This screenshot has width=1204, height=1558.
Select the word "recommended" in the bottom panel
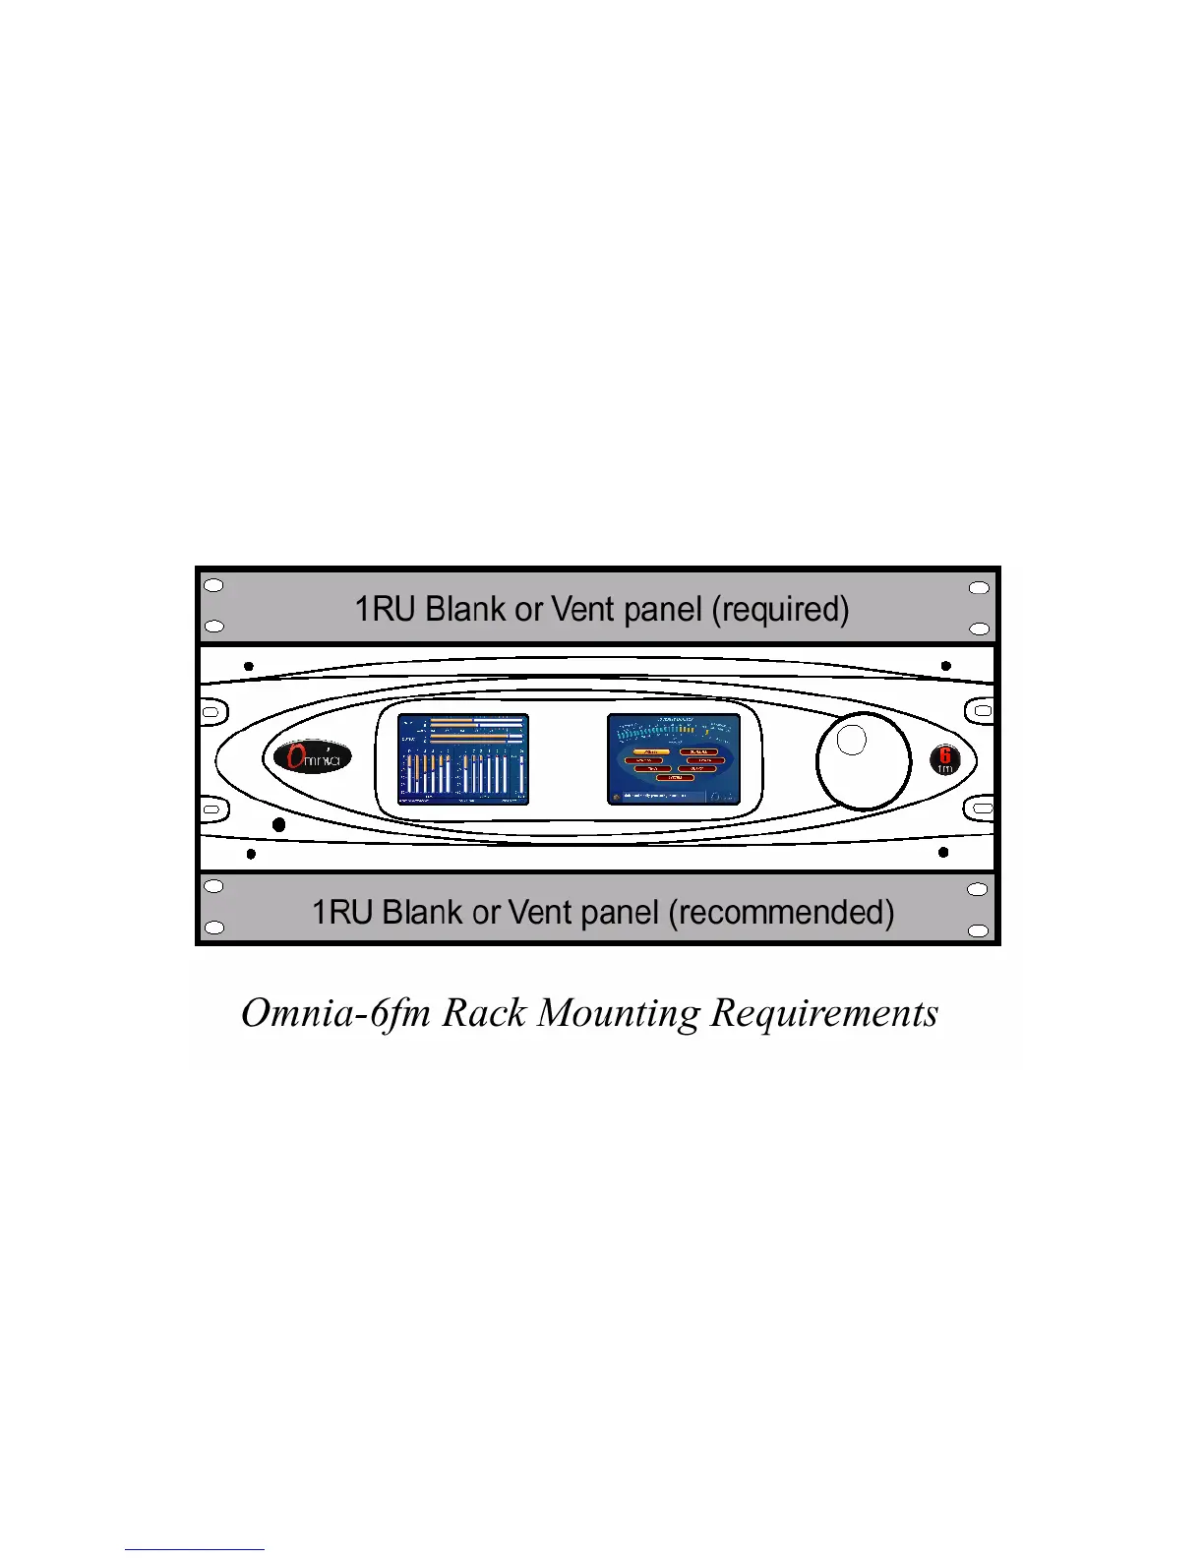pyautogui.click(x=781, y=913)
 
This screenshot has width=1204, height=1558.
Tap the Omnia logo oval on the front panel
pyautogui.click(x=307, y=757)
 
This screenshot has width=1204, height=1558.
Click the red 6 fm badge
pyautogui.click(x=944, y=760)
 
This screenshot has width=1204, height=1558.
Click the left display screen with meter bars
pyautogui.click(x=462, y=759)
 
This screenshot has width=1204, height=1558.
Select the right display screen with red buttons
pyautogui.click(x=674, y=759)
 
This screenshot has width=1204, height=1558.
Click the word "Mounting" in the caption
pyautogui.click(x=620, y=1013)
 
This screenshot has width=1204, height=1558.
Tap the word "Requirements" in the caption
pyautogui.click(x=824, y=1013)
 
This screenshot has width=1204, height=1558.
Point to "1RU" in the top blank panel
pyautogui.click(x=385, y=610)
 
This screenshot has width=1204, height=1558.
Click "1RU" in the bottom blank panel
pyautogui.click(x=342, y=913)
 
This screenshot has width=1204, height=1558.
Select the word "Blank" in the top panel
pyautogui.click(x=465, y=610)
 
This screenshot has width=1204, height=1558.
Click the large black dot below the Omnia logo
pyautogui.click(x=278, y=824)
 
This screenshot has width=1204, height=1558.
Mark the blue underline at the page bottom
pyautogui.click(x=194, y=1550)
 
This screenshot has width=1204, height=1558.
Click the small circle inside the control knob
pyautogui.click(x=852, y=740)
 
